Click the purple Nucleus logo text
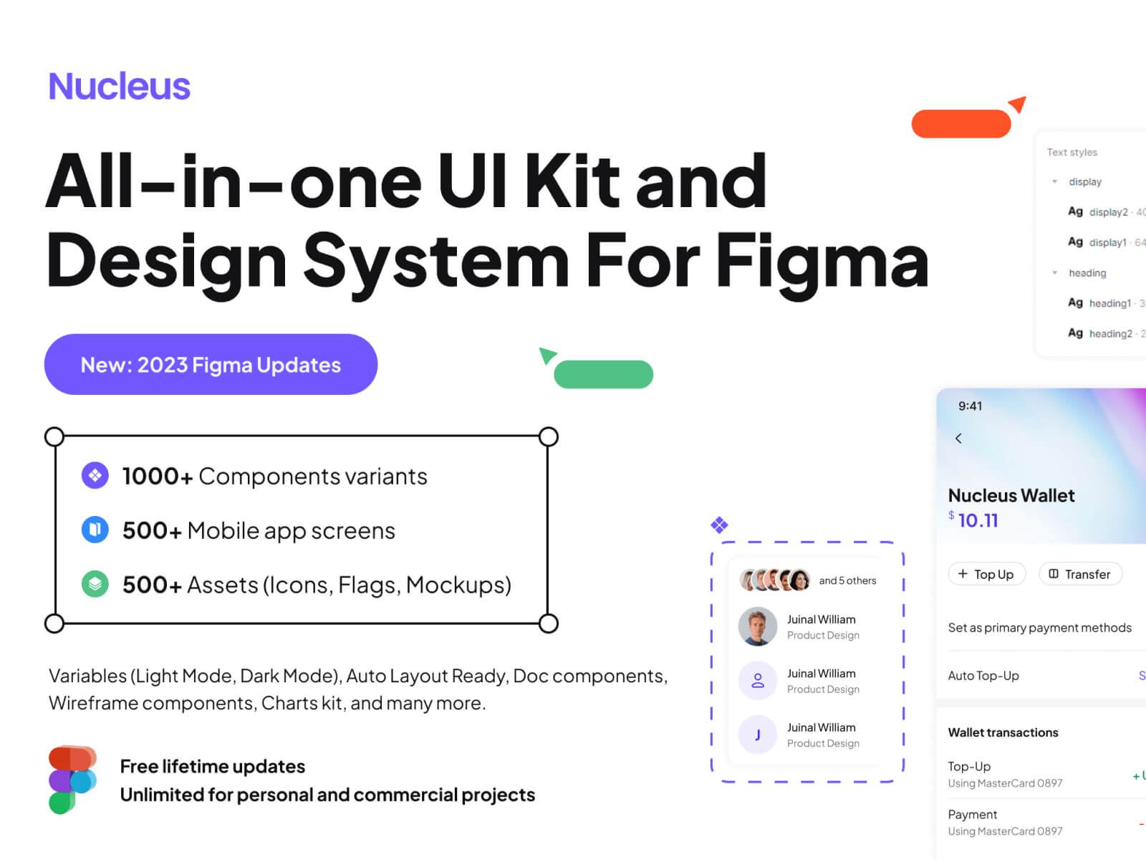click(119, 87)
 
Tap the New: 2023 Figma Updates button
click(211, 365)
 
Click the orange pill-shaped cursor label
click(960, 124)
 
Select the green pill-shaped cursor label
click(603, 375)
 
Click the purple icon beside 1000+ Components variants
click(95, 476)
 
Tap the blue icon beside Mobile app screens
click(95, 530)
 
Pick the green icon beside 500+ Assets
click(95, 584)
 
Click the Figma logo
click(72, 780)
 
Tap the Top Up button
click(986, 574)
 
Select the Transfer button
click(1079, 574)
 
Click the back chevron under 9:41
click(958, 439)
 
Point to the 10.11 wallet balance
click(977, 520)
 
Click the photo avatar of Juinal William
click(757, 626)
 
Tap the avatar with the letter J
click(757, 735)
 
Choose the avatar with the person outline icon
click(757, 681)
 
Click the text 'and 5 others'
click(847, 580)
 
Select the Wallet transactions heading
click(1003, 732)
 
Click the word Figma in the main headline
click(822, 262)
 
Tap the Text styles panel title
click(1072, 153)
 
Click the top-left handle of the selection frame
click(54, 436)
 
